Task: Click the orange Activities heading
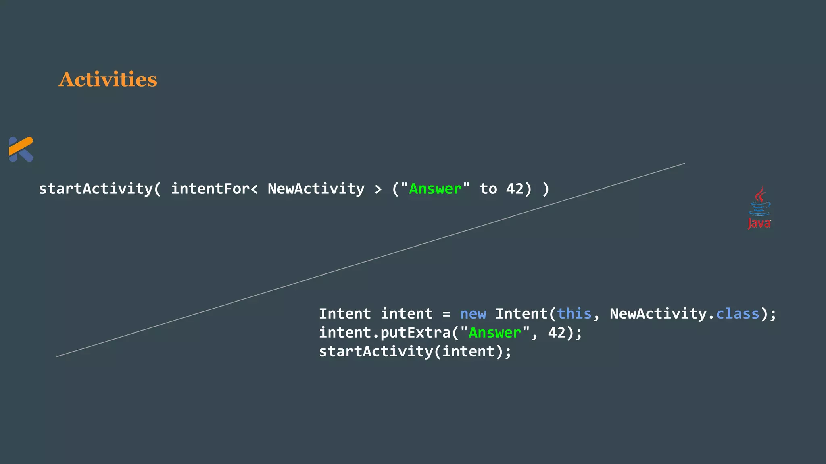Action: tap(108, 79)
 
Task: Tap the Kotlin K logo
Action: tap(21, 149)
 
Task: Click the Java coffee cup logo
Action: tap(759, 207)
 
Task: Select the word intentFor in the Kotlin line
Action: tap(210, 188)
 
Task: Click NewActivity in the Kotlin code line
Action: tap(316, 188)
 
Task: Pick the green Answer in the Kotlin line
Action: tap(435, 188)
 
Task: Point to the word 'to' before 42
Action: tap(488, 188)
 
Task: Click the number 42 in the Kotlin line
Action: tap(515, 188)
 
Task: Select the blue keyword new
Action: tap(473, 314)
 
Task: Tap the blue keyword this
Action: tap(574, 314)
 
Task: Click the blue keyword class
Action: tap(738, 314)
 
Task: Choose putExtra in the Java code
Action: tap(415, 333)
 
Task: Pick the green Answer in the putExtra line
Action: tap(495, 333)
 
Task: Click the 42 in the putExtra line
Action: tap(557, 333)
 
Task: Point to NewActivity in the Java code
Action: tap(658, 314)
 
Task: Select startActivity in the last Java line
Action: tap(376, 352)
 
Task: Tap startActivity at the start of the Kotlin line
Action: tap(96, 188)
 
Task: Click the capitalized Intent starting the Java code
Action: tap(345, 314)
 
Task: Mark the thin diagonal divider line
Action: tap(371, 260)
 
